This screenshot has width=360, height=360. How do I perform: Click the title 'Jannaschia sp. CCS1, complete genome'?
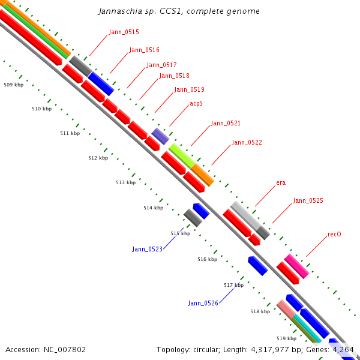coord(179,11)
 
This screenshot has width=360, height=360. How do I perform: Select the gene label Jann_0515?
coord(124,32)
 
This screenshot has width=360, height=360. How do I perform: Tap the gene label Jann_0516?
coord(144,50)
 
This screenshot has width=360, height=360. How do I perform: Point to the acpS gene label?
coord(196,104)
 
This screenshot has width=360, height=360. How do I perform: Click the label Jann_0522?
coord(247,143)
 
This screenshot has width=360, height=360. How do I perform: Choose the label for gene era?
coord(281,182)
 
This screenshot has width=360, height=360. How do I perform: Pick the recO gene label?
coord(334,234)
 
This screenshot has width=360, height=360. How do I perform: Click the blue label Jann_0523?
coord(147,249)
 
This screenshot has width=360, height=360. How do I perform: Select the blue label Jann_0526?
coord(203,304)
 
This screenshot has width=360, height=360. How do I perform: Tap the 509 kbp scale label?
coord(13,85)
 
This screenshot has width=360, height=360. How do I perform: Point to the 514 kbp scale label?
coord(153,208)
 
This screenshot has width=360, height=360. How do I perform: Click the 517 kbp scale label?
coord(233,286)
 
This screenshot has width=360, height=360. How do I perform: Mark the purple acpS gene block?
coord(160,136)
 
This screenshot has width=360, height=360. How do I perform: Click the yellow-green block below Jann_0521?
coord(181,155)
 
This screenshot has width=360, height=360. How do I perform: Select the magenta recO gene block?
coord(296,266)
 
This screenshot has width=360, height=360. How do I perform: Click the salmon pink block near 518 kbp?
coord(286,309)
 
